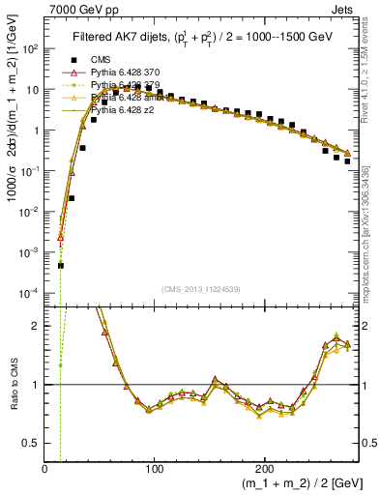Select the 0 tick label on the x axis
tap(45, 468)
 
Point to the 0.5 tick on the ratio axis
tap(31, 443)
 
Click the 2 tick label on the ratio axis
tap(36, 326)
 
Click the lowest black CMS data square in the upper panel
tap(60, 265)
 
